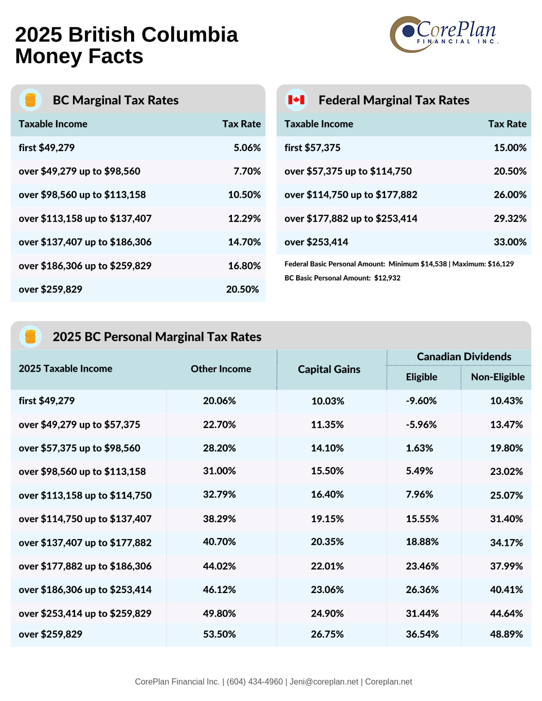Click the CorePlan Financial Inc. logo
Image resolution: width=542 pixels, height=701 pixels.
pos(444,34)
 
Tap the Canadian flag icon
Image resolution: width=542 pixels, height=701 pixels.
pos(296,100)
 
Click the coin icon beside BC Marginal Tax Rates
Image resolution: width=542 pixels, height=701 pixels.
pos(30,100)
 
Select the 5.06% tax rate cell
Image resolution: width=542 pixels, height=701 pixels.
pos(247,147)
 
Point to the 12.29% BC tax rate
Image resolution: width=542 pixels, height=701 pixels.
pos(244,218)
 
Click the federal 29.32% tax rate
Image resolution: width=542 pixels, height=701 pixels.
pos(510,218)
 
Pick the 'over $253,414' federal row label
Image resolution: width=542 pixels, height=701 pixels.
pos(316,242)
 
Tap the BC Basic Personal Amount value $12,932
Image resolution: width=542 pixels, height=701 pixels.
pos(387,278)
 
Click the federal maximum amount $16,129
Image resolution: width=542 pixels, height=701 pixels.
pos(500,264)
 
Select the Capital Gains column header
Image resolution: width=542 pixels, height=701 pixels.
pos(329,369)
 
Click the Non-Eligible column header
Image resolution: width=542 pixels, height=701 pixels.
pos(498,377)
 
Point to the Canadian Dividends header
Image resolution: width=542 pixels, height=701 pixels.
pos(464,357)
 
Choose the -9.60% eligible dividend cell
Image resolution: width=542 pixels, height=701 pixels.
pos(421,401)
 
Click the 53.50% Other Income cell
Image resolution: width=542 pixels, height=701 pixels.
pos(219,634)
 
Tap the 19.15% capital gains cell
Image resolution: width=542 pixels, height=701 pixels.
pos(327,519)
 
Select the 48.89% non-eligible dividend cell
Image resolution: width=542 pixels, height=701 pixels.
pos(506,634)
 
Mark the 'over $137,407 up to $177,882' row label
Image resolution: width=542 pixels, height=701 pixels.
pos(85,543)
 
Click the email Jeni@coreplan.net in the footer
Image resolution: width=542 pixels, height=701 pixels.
pos(324,681)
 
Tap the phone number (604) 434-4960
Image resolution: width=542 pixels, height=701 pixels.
pos(255,681)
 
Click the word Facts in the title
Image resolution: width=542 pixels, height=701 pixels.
pos(116,56)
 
